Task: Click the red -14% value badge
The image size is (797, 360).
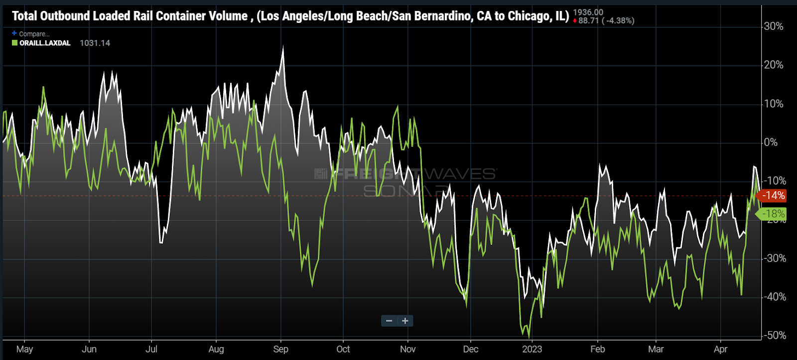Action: (x=774, y=196)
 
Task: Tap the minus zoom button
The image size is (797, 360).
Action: (x=389, y=321)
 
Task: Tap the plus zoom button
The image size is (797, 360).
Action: (x=405, y=321)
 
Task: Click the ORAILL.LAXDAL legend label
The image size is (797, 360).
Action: (x=45, y=43)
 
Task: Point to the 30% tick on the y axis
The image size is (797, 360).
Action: (x=773, y=26)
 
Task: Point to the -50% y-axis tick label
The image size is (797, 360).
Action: (x=775, y=335)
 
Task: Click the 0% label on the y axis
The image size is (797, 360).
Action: (x=771, y=142)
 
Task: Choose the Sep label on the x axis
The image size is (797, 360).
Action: (x=281, y=349)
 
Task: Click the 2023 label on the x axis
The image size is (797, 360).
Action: (x=532, y=349)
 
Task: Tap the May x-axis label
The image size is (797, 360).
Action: (x=24, y=349)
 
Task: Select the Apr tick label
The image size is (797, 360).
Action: (x=720, y=349)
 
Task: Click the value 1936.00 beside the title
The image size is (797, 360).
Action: (x=588, y=12)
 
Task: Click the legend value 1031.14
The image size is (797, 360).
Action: (x=95, y=43)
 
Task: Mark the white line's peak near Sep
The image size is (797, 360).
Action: (x=283, y=47)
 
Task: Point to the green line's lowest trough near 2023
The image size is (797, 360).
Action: (x=529, y=338)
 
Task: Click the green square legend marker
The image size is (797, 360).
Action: (x=15, y=43)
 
